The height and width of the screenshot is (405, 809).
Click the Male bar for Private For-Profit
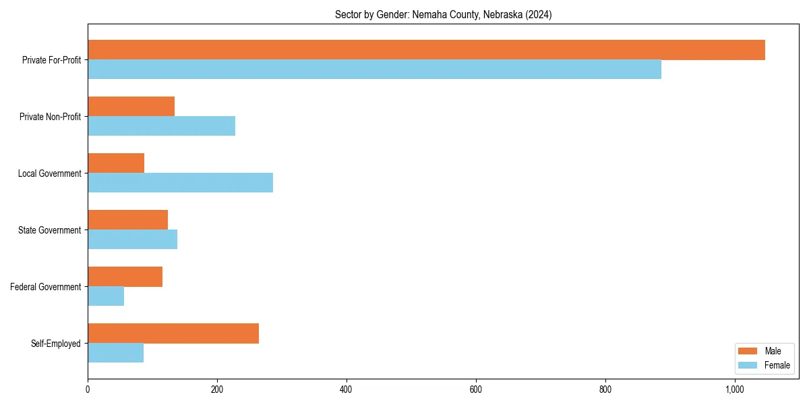pos(426,50)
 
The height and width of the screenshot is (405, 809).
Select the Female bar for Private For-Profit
pos(374,70)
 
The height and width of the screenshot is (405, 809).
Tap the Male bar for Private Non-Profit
pos(131,107)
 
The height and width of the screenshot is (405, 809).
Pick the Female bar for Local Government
pos(180,183)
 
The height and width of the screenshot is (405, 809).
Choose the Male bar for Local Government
pos(116,163)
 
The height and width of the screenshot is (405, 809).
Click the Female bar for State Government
pos(132,240)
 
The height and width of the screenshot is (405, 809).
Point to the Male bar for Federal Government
pos(125,277)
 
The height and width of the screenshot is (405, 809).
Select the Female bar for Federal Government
pos(106,296)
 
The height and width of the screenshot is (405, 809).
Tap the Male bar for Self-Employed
pos(173,333)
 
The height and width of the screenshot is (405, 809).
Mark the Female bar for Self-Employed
pos(115,353)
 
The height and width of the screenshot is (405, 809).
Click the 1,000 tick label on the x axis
pos(734,389)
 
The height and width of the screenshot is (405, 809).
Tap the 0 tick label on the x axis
pos(88,389)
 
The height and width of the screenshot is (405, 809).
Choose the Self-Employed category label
pos(55,344)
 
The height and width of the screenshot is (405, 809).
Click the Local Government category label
pos(49,173)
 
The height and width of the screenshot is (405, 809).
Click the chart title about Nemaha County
pos(443,15)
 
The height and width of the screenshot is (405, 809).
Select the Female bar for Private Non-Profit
pos(161,126)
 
